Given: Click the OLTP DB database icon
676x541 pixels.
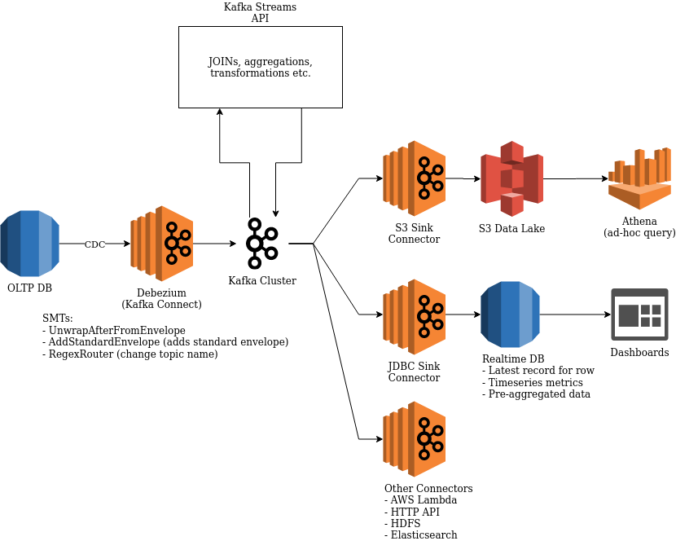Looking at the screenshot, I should pos(30,242).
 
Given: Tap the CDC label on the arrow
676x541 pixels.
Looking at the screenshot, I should pos(94,244).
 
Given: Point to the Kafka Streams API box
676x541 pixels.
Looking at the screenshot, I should pos(261,67).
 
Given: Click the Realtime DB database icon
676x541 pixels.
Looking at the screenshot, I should pos(511,314).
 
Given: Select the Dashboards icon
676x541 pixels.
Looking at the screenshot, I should pos(639,314).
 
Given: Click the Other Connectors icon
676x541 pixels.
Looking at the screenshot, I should pos(415,439).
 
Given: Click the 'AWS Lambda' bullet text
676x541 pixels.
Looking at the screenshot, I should pos(423,499).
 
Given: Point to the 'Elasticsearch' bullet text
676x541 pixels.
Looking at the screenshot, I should pos(424,534).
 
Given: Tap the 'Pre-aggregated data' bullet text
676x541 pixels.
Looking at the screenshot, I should pos(539,394).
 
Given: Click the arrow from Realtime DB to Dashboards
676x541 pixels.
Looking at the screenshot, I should pos(575,314).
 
